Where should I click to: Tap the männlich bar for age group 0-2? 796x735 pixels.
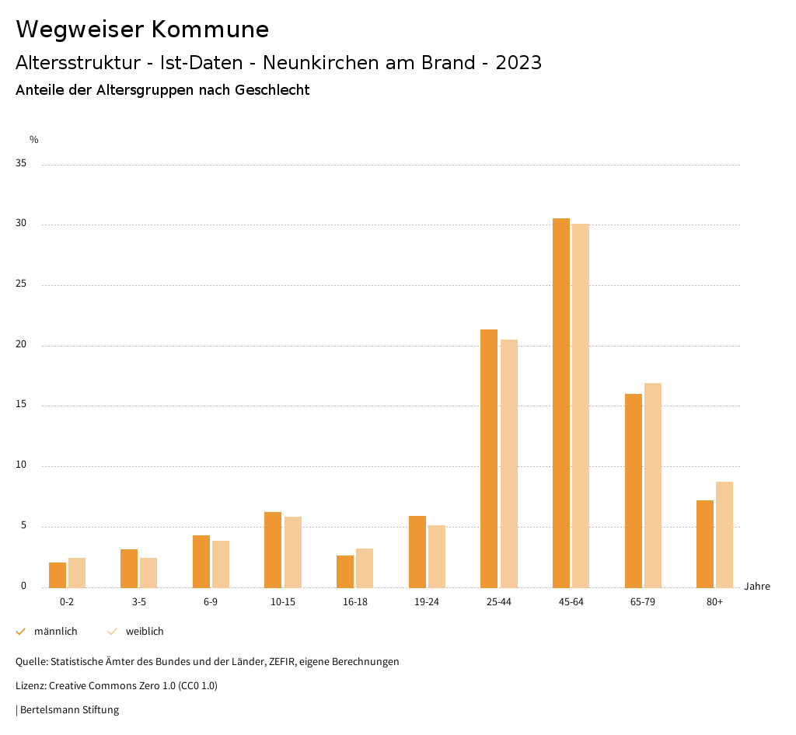click(x=58, y=575)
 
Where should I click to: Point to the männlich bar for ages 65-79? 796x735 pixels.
click(x=634, y=490)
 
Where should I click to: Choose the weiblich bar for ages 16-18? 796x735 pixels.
click(x=365, y=568)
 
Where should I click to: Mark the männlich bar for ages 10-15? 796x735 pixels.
click(x=273, y=549)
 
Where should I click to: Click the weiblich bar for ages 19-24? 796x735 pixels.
click(x=437, y=556)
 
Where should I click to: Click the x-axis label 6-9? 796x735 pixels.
click(x=211, y=602)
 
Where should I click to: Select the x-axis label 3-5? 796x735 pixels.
click(x=139, y=602)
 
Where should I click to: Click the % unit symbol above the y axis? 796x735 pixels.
click(x=34, y=140)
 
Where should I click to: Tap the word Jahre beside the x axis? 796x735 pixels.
click(x=757, y=587)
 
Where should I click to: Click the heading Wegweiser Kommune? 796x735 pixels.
click(x=142, y=29)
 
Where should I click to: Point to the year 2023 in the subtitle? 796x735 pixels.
click(x=518, y=63)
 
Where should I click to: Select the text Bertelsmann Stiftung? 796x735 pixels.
click(x=69, y=710)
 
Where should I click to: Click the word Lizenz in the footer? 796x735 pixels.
click(x=30, y=686)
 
